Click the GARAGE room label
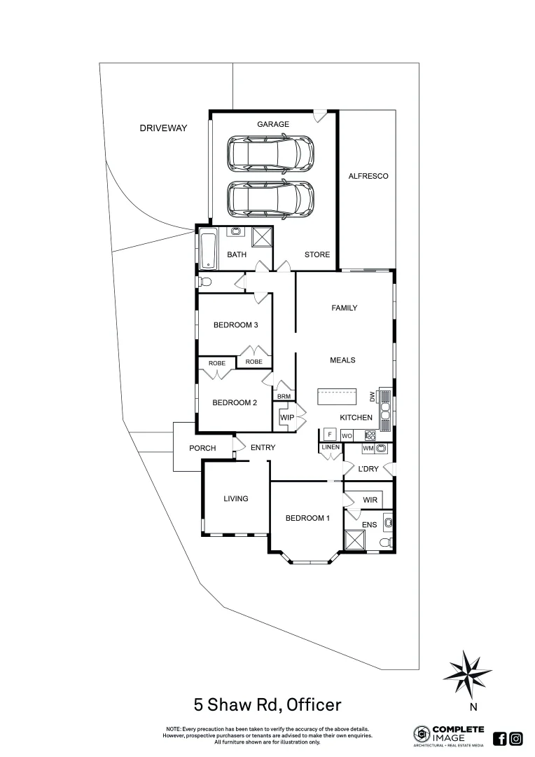(272, 124)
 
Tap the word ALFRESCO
(368, 176)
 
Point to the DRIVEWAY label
(163, 128)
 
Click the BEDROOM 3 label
(236, 325)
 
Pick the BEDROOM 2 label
(235, 402)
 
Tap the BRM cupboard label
(284, 397)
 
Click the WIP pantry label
(287, 418)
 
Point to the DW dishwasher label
(373, 397)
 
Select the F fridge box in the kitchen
(331, 434)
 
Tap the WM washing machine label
(368, 448)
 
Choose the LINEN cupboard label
(331, 447)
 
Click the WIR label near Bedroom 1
(370, 500)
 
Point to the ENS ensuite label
(369, 524)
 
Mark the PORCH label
(202, 448)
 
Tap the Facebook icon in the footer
(500, 738)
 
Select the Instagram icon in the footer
(516, 738)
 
